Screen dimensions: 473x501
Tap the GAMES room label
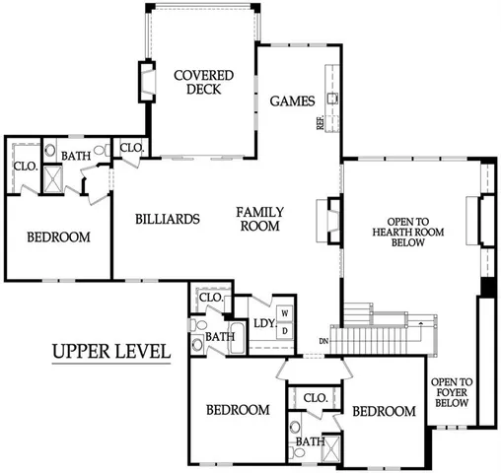tap(292, 101)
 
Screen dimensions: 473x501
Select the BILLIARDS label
tap(170, 219)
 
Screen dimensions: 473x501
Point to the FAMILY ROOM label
tap(260, 219)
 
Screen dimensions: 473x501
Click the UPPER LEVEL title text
tap(109, 352)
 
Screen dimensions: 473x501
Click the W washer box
tap(285, 313)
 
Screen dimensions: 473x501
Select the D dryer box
tap(285, 330)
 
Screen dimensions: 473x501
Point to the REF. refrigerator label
tap(321, 123)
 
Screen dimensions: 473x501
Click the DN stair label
tap(323, 343)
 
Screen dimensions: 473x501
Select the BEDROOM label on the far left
tap(58, 236)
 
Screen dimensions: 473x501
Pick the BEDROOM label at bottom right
tap(385, 411)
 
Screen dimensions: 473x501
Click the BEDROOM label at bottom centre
tap(238, 410)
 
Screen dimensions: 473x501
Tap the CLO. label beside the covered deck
tap(131, 148)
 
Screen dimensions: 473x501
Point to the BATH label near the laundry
tap(220, 336)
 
